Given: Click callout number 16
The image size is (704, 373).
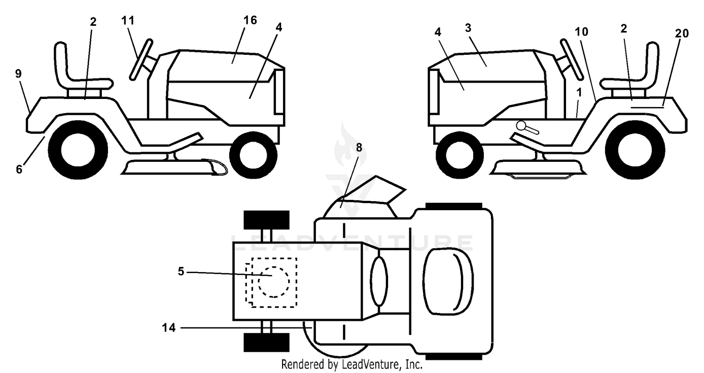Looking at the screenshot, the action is (x=250, y=21).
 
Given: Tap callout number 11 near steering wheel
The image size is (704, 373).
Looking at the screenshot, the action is (x=128, y=21).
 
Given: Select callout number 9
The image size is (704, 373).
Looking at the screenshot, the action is (x=18, y=74).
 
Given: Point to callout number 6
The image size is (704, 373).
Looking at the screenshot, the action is (x=19, y=169).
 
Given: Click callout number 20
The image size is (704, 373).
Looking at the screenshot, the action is (x=681, y=33).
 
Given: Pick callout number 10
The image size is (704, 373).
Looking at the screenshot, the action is (x=582, y=32).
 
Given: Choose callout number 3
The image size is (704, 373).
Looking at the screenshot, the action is (x=468, y=28).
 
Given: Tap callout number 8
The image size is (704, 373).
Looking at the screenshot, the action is (x=359, y=147).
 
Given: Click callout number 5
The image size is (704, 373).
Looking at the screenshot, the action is (x=181, y=271).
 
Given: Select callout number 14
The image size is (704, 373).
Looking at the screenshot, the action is (x=169, y=328).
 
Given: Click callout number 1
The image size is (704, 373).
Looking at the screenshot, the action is (x=579, y=92).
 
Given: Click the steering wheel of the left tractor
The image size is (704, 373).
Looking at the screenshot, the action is (x=141, y=60).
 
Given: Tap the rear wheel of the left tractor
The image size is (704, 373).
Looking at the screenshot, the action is (x=78, y=150).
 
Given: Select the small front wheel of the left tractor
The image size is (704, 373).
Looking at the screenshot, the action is (x=253, y=155).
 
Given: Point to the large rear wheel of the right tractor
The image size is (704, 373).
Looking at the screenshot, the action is (x=635, y=150).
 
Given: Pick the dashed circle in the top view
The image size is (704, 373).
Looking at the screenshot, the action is (x=274, y=282).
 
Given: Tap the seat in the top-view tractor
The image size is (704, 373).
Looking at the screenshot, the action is (x=448, y=281).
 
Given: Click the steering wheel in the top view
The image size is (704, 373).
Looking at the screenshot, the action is (x=379, y=281).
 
